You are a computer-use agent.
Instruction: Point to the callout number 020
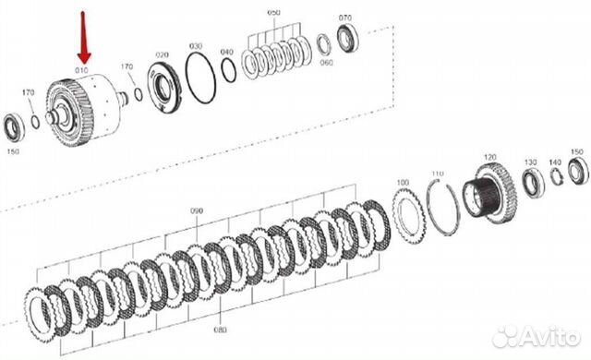163,54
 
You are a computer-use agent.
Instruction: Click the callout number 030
196,45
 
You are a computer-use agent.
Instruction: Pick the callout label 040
226,52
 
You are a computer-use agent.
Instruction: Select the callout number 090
196,211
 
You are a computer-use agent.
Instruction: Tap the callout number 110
438,174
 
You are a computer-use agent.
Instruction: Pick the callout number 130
530,162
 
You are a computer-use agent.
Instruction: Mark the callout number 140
554,162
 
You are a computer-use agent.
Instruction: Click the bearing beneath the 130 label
533,181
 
